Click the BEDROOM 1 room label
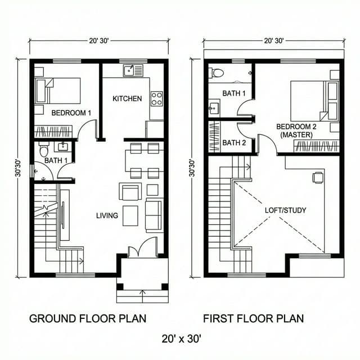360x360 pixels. pyautogui.click(x=71, y=112)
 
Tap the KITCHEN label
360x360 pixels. pyautogui.click(x=127, y=98)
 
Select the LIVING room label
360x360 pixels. pyautogui.click(x=107, y=215)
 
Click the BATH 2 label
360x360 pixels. pyautogui.click(x=234, y=143)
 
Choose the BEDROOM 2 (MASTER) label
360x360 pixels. pyautogui.click(x=296, y=131)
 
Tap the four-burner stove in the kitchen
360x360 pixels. pyautogui.click(x=156, y=98)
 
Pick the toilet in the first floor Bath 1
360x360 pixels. pyautogui.click(x=217, y=73)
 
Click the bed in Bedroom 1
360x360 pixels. pyautogui.click(x=58, y=91)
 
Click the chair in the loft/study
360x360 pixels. pyautogui.click(x=318, y=178)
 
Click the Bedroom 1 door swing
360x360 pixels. pyautogui.click(x=87, y=132)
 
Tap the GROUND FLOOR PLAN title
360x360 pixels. pyautogui.click(x=87, y=318)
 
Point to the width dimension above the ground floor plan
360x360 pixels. pyautogui.click(x=98, y=40)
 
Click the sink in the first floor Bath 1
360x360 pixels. pyautogui.click(x=214, y=108)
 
